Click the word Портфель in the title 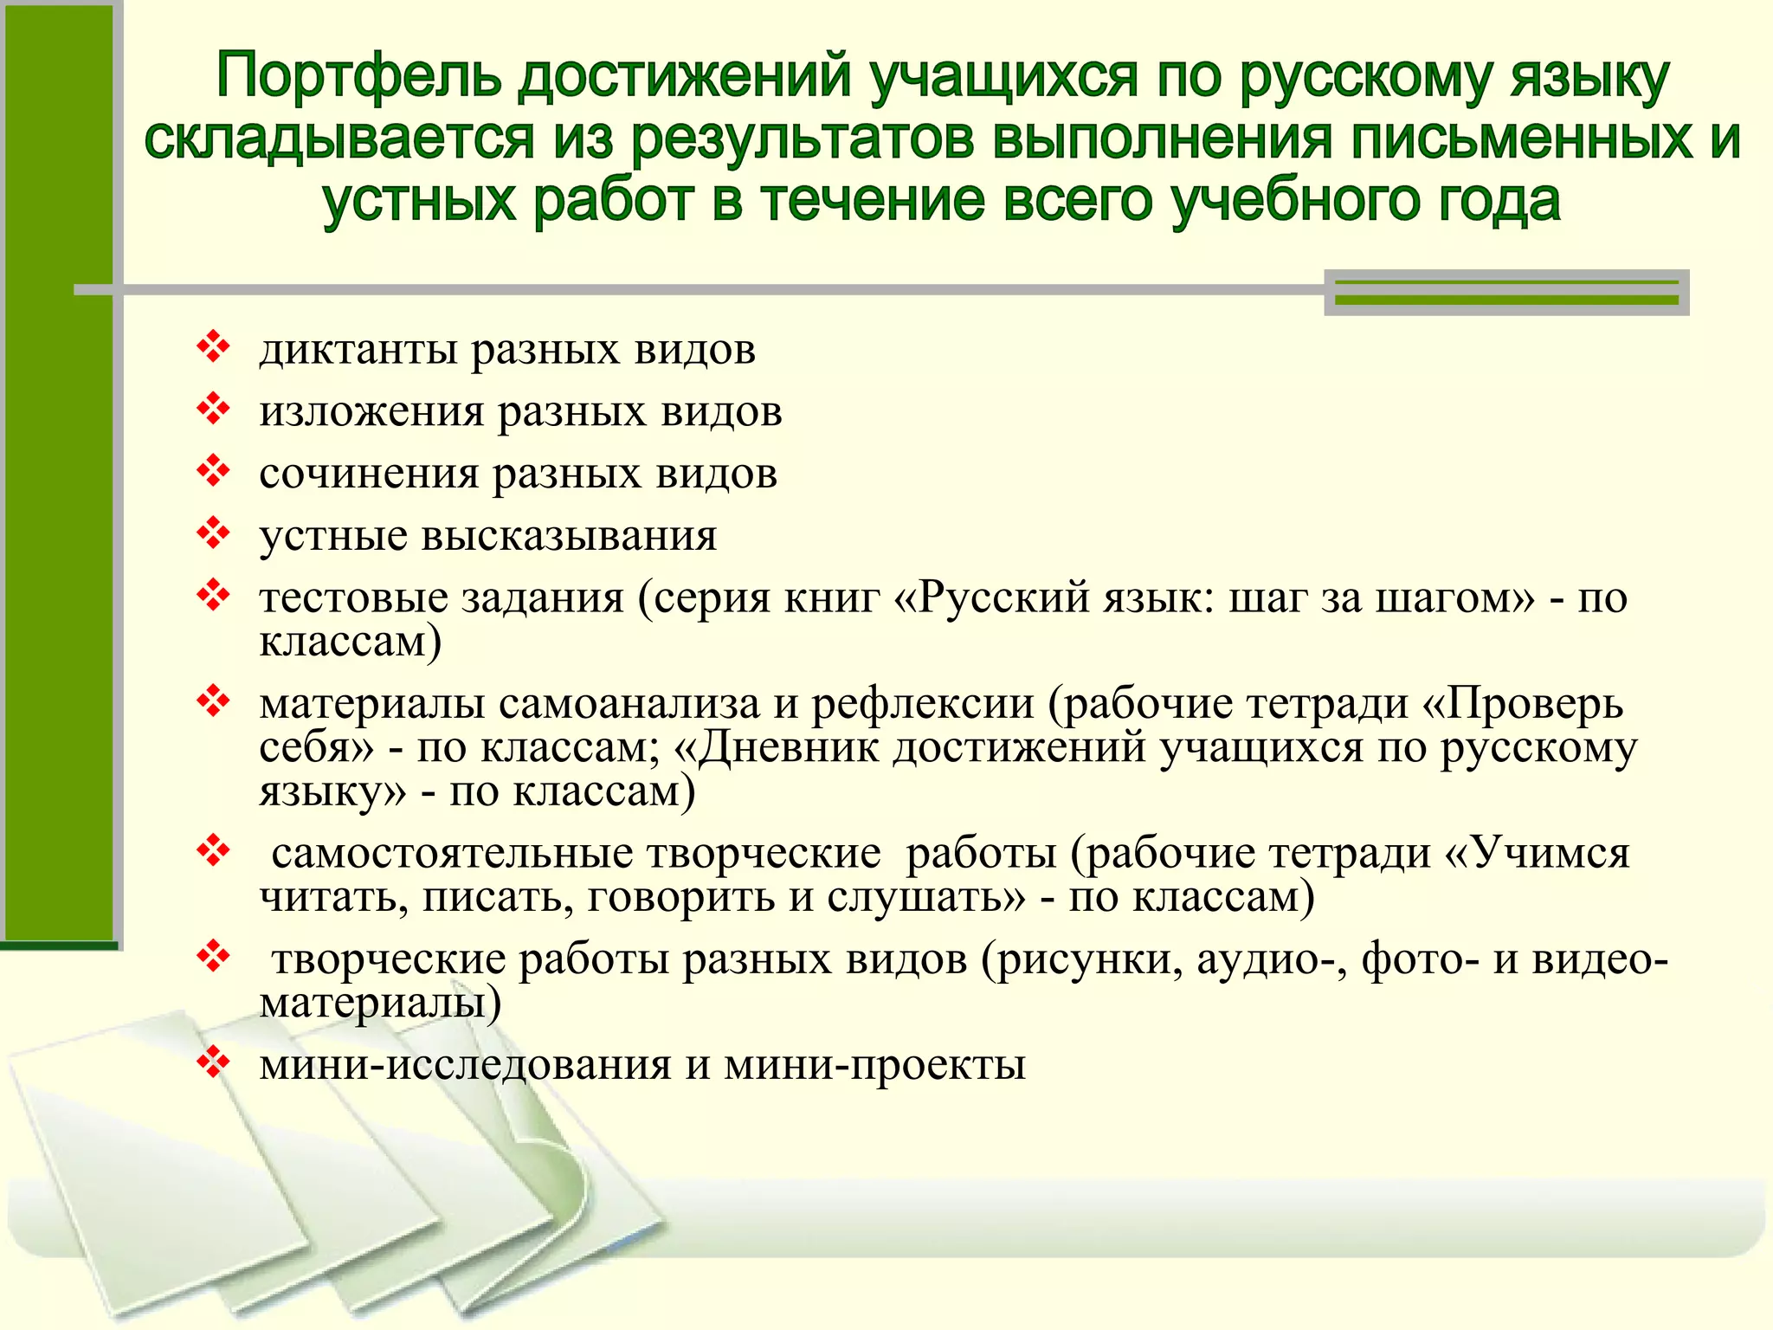359,76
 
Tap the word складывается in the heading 338,139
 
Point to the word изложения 371,411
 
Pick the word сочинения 369,474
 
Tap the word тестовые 352,597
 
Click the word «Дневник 776,747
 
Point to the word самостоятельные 452,853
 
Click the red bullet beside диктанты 212,348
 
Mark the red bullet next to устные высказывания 212,534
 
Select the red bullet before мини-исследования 212,1062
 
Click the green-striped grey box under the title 1506,292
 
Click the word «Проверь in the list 1523,703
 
